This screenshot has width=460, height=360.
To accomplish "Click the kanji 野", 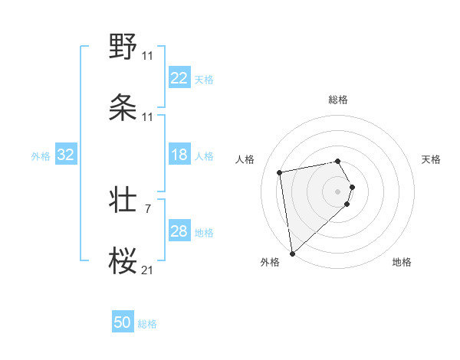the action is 123,47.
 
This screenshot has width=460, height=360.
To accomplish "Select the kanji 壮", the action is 123,200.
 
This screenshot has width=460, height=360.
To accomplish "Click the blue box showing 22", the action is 179,78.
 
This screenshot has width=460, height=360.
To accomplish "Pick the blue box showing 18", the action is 179,155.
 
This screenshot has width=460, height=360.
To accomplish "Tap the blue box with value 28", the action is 179,231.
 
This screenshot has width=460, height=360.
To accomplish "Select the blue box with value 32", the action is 66,155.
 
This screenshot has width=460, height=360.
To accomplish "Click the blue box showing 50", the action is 123,322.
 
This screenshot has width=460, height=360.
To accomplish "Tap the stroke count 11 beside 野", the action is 148,56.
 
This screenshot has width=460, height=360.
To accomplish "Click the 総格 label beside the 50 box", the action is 147,324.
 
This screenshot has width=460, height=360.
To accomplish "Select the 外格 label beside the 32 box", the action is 41,155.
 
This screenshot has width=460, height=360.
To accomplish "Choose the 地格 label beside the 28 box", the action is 204,233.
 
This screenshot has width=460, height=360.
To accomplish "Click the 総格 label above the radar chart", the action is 338,100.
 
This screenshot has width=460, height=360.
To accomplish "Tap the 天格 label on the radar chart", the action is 432,159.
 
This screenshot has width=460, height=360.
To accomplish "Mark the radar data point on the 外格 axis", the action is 292,253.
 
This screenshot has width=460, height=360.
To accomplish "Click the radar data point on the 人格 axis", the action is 280,172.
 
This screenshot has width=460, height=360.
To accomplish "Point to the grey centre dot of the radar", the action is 338,191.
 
